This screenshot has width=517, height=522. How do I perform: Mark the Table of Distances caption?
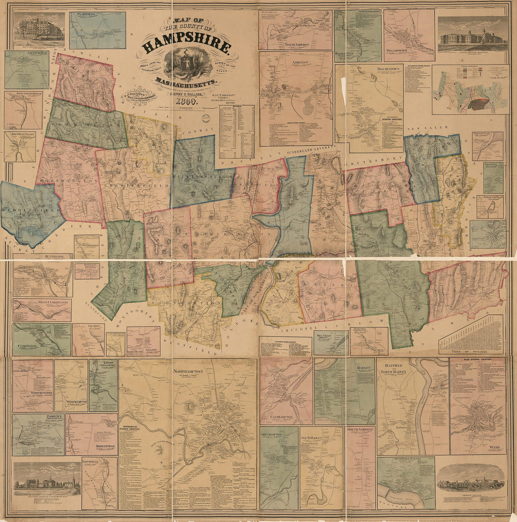point(470,351)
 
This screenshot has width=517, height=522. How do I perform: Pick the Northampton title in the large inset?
point(188,371)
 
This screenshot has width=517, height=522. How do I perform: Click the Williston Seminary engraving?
point(47,482)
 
